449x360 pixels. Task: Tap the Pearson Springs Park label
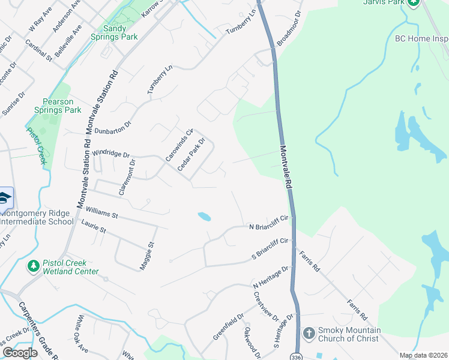coord(62,106)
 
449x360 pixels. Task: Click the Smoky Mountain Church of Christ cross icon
coord(309,332)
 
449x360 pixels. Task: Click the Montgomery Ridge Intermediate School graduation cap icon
coord(4,198)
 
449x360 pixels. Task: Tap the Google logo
coord(20,353)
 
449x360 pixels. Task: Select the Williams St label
coord(101,212)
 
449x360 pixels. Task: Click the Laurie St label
coord(94,226)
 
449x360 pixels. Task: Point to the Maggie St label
coord(147,256)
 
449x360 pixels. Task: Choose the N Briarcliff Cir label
coord(270,223)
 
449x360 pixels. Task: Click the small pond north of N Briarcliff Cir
coord(204,216)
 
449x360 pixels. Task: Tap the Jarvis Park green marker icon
coord(413,2)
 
